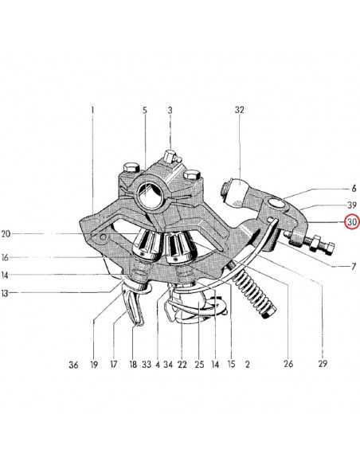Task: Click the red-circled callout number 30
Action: (x=352, y=222)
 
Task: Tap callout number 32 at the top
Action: (x=239, y=110)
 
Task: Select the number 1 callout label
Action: (x=92, y=111)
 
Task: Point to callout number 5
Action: (x=144, y=111)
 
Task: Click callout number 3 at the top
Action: (x=170, y=111)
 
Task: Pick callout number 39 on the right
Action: (x=352, y=205)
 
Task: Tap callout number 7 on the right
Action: (x=354, y=266)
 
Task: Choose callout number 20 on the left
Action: (x=6, y=233)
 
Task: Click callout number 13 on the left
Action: (x=5, y=293)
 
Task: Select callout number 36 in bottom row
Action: (x=73, y=365)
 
